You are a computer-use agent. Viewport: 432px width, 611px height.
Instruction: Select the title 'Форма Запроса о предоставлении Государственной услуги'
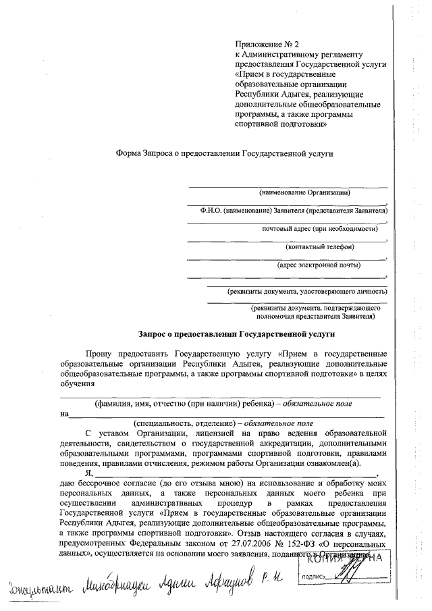(x=224, y=153)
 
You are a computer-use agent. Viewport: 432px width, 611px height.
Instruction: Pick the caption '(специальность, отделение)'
(x=180, y=423)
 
